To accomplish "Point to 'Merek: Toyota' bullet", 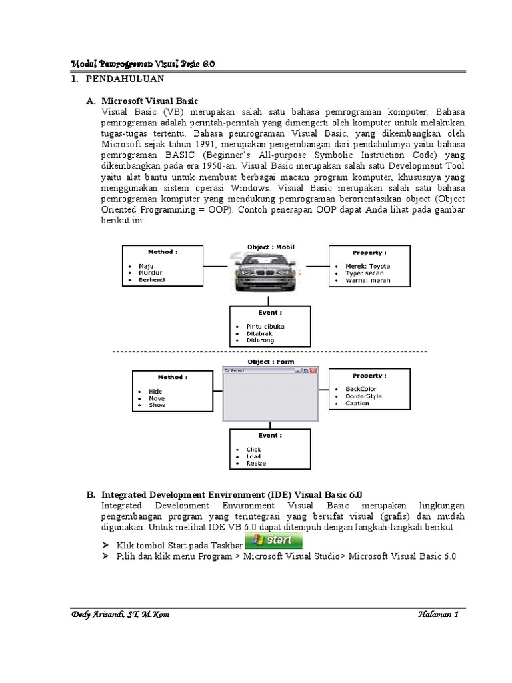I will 367,266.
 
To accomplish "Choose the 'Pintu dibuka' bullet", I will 265,326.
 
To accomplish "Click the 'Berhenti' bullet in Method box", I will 151,280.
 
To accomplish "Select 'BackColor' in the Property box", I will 361,389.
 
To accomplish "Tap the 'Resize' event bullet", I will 256,463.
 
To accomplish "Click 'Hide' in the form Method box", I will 155,392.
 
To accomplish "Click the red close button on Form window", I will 314,370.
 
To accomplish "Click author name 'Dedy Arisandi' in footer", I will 100,615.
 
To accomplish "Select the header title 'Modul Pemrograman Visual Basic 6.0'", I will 143,63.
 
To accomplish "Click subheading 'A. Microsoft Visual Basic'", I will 147,100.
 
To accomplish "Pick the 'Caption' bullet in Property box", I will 357,403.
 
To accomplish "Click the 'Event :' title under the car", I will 269,312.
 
